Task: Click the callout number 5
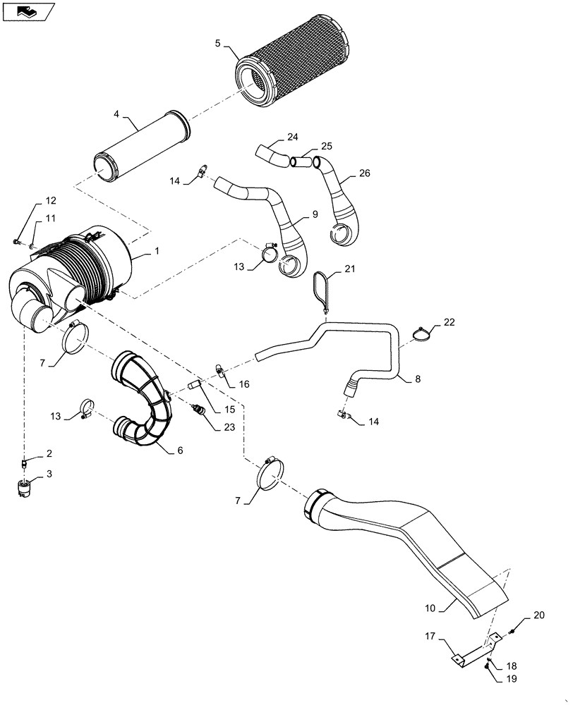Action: coord(218,43)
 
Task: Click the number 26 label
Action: coord(364,173)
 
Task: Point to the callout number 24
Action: coord(293,136)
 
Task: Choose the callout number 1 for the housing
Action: coord(157,251)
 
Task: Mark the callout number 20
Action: coord(538,615)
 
